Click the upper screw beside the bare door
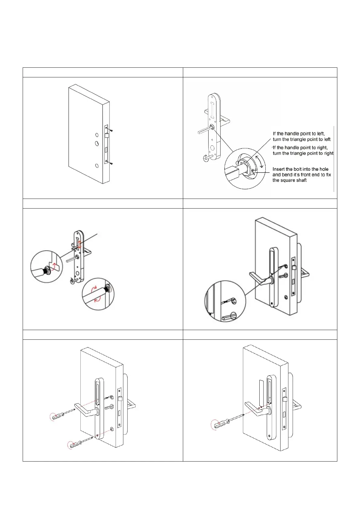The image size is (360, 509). click(112, 131)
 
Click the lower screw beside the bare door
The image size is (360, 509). click(112, 164)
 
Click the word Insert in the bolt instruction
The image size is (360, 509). click(279, 169)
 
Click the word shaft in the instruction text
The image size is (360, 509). click(300, 180)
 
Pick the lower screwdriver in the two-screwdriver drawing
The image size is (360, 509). click(80, 442)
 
